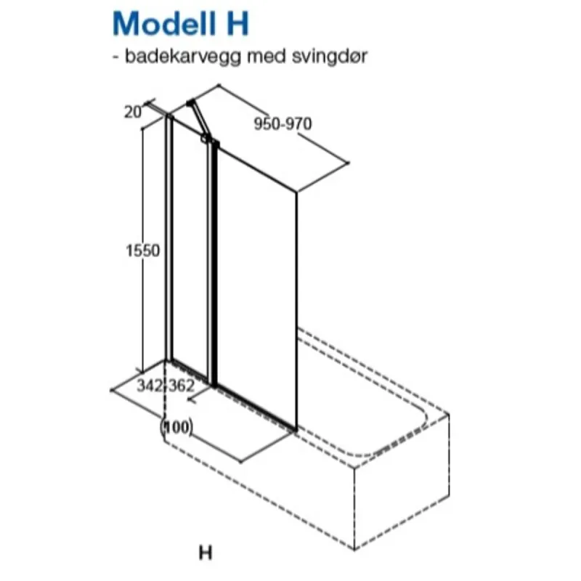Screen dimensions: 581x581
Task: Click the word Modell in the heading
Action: click(x=164, y=23)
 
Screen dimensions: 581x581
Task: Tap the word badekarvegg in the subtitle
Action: click(x=183, y=57)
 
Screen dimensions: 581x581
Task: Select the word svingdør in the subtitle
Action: click(x=330, y=57)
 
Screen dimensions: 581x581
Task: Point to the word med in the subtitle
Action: click(x=267, y=56)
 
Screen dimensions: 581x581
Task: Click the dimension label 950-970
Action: click(x=283, y=123)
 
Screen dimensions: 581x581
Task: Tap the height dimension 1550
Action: click(x=142, y=251)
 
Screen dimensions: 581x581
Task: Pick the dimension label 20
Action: click(x=133, y=112)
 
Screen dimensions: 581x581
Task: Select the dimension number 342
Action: click(x=150, y=386)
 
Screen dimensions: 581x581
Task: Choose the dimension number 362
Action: click(x=182, y=386)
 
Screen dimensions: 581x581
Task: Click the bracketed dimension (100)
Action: click(x=176, y=427)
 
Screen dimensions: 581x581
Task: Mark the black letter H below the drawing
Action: click(x=206, y=553)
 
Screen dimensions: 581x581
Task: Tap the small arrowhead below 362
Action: click(x=191, y=399)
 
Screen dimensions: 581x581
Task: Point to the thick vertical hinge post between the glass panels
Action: click(x=212, y=264)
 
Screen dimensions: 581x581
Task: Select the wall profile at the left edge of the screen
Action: click(x=169, y=238)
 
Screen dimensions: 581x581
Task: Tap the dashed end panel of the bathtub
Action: click(x=402, y=482)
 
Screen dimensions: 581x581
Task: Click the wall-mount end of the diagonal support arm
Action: click(x=190, y=102)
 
